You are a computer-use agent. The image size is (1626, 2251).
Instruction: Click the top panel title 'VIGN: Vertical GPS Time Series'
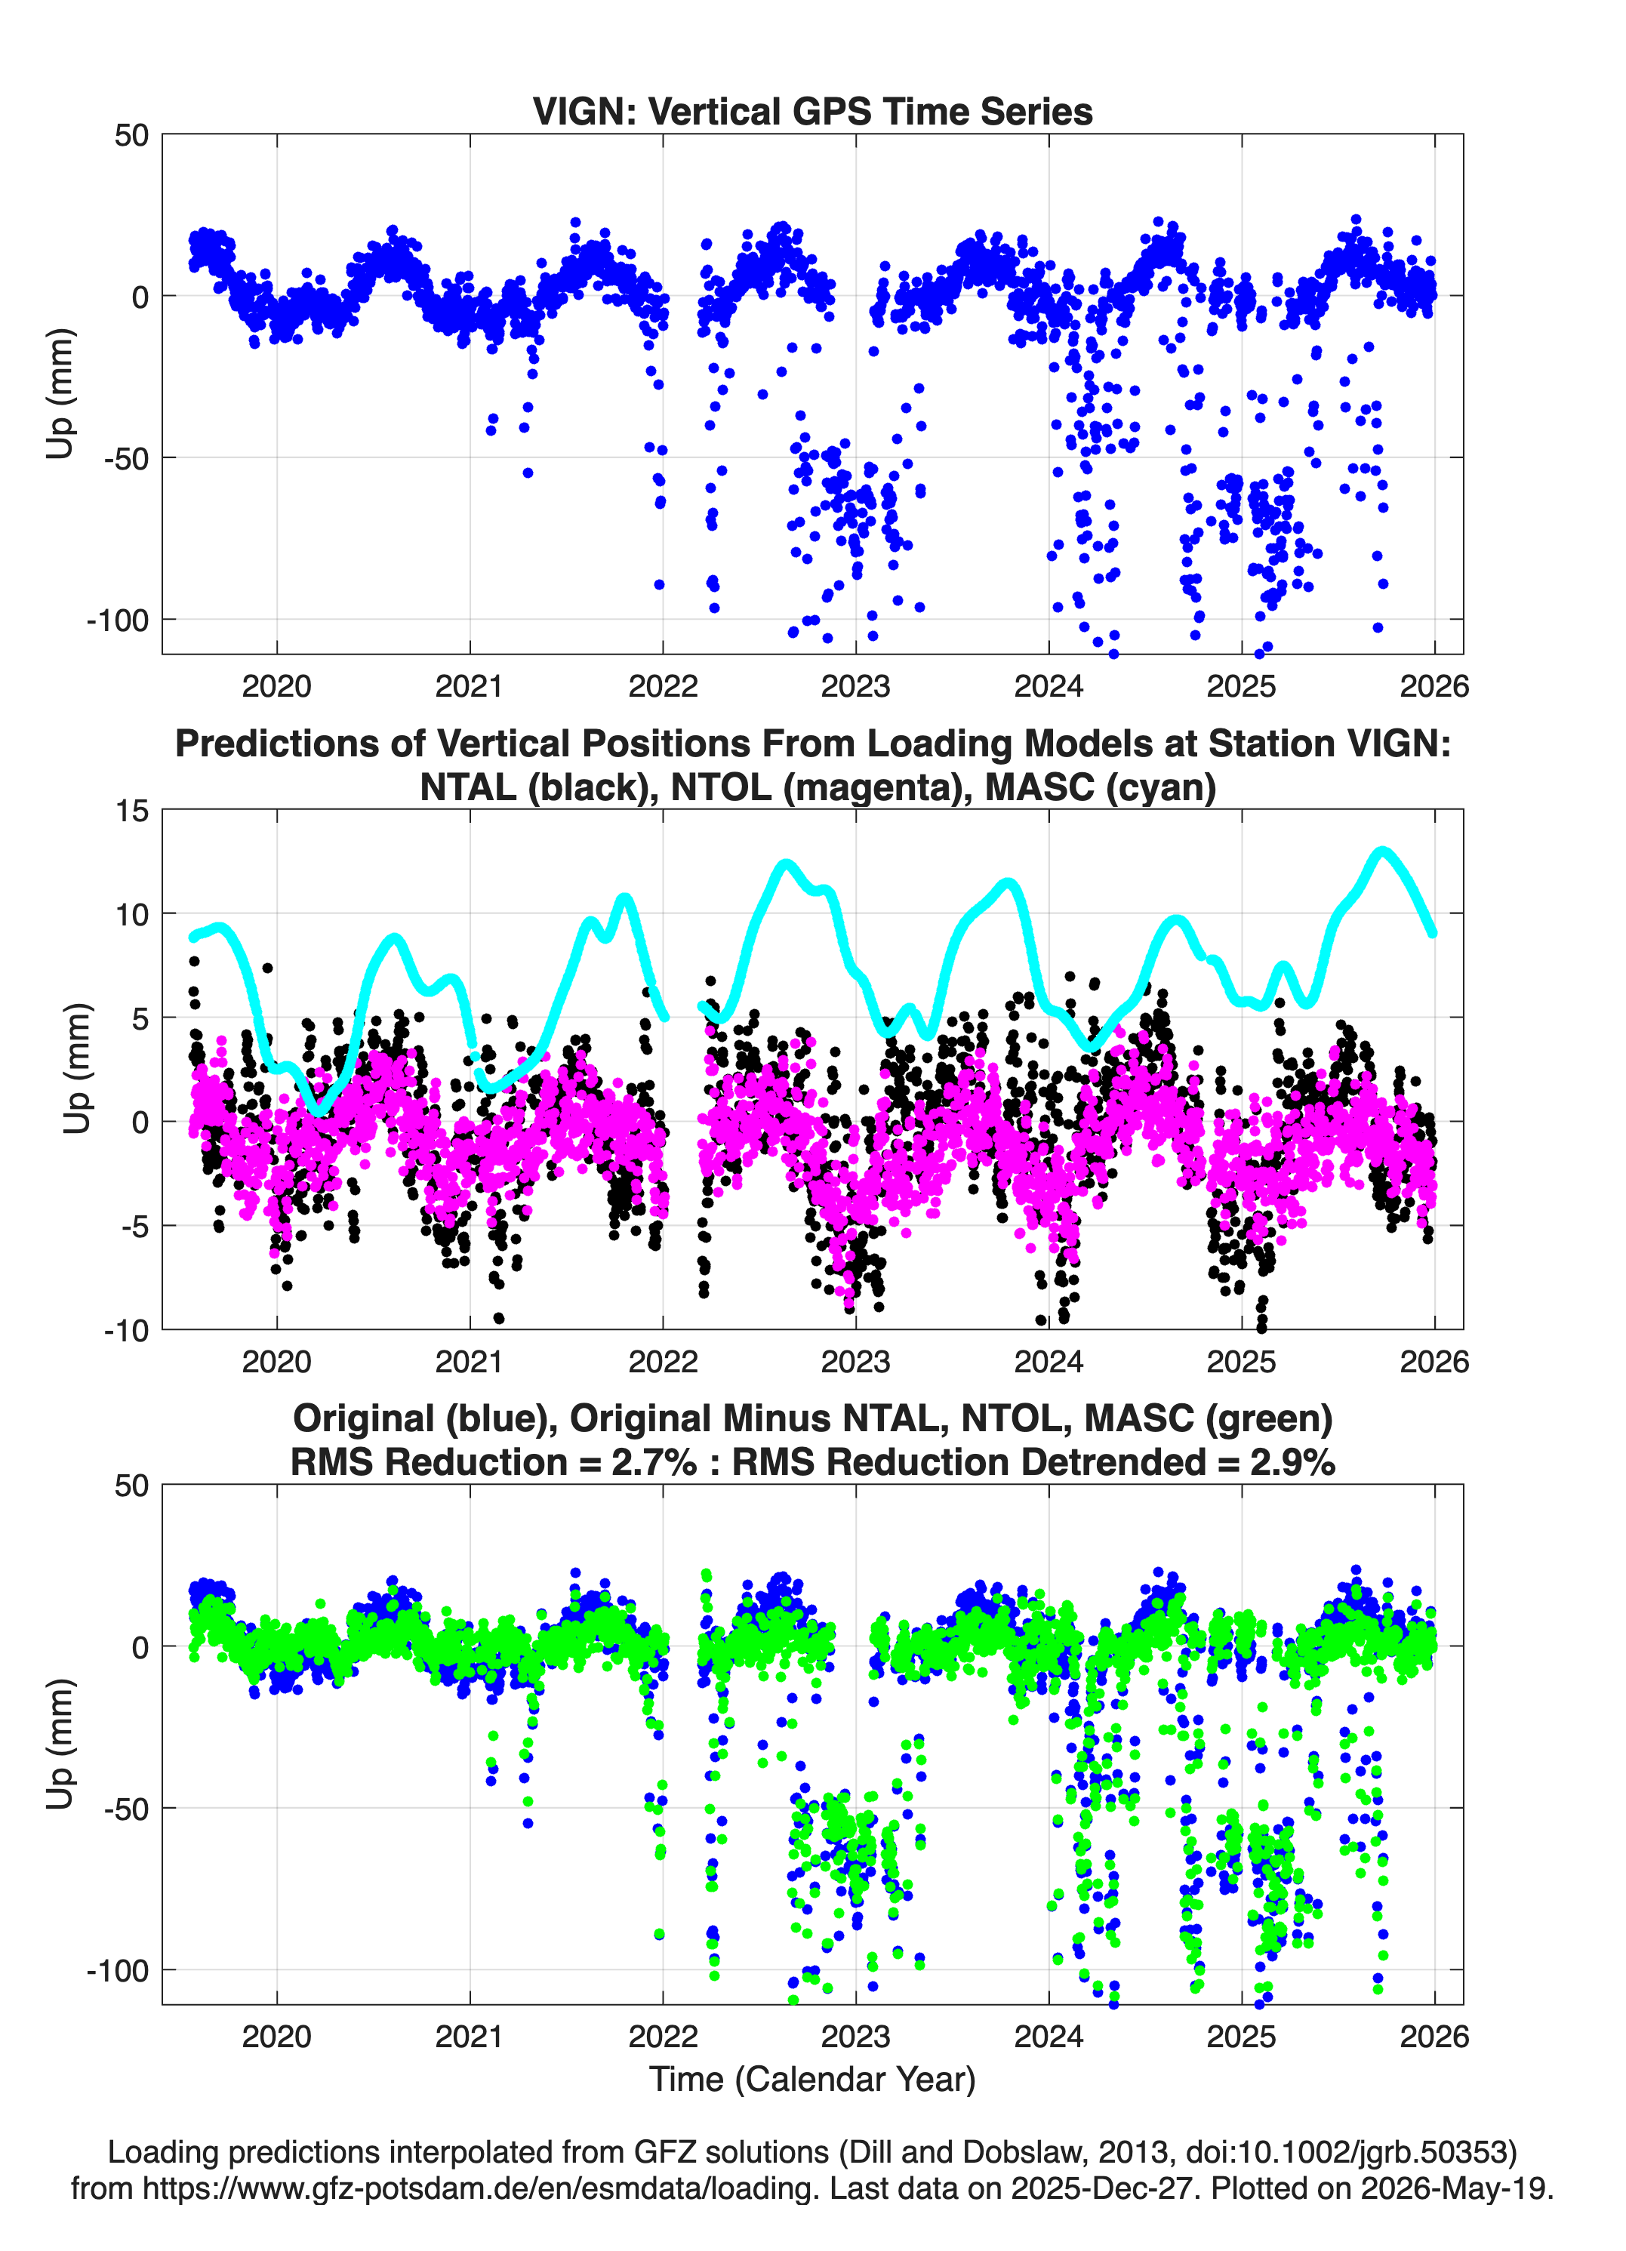coord(812,111)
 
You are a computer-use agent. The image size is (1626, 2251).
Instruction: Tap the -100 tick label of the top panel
coord(118,620)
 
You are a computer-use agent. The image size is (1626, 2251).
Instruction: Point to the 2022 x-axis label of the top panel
coord(663,686)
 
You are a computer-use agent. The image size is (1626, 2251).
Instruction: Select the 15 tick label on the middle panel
coord(132,811)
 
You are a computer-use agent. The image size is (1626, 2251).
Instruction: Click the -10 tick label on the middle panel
coord(126,1331)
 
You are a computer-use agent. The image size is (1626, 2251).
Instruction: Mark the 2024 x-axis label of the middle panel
coord(1049,1362)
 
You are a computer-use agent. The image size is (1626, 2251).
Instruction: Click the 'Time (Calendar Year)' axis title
coord(812,2078)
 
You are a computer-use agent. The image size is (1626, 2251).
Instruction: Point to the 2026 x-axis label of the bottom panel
coord(1434,2037)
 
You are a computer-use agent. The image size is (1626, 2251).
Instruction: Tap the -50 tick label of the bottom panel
coord(126,1809)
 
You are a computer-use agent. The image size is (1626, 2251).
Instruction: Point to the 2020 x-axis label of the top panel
coord(277,686)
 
